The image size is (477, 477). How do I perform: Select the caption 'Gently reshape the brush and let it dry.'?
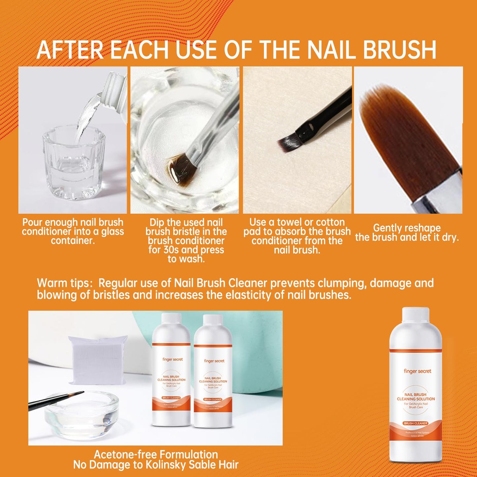pos(407,233)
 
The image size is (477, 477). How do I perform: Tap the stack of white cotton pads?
pos(98,360)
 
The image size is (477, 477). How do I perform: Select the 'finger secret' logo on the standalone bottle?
pos(417,371)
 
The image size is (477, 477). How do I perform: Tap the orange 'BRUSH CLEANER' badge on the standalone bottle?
pos(416,423)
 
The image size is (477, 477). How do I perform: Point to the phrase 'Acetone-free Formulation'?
pos(156,455)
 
